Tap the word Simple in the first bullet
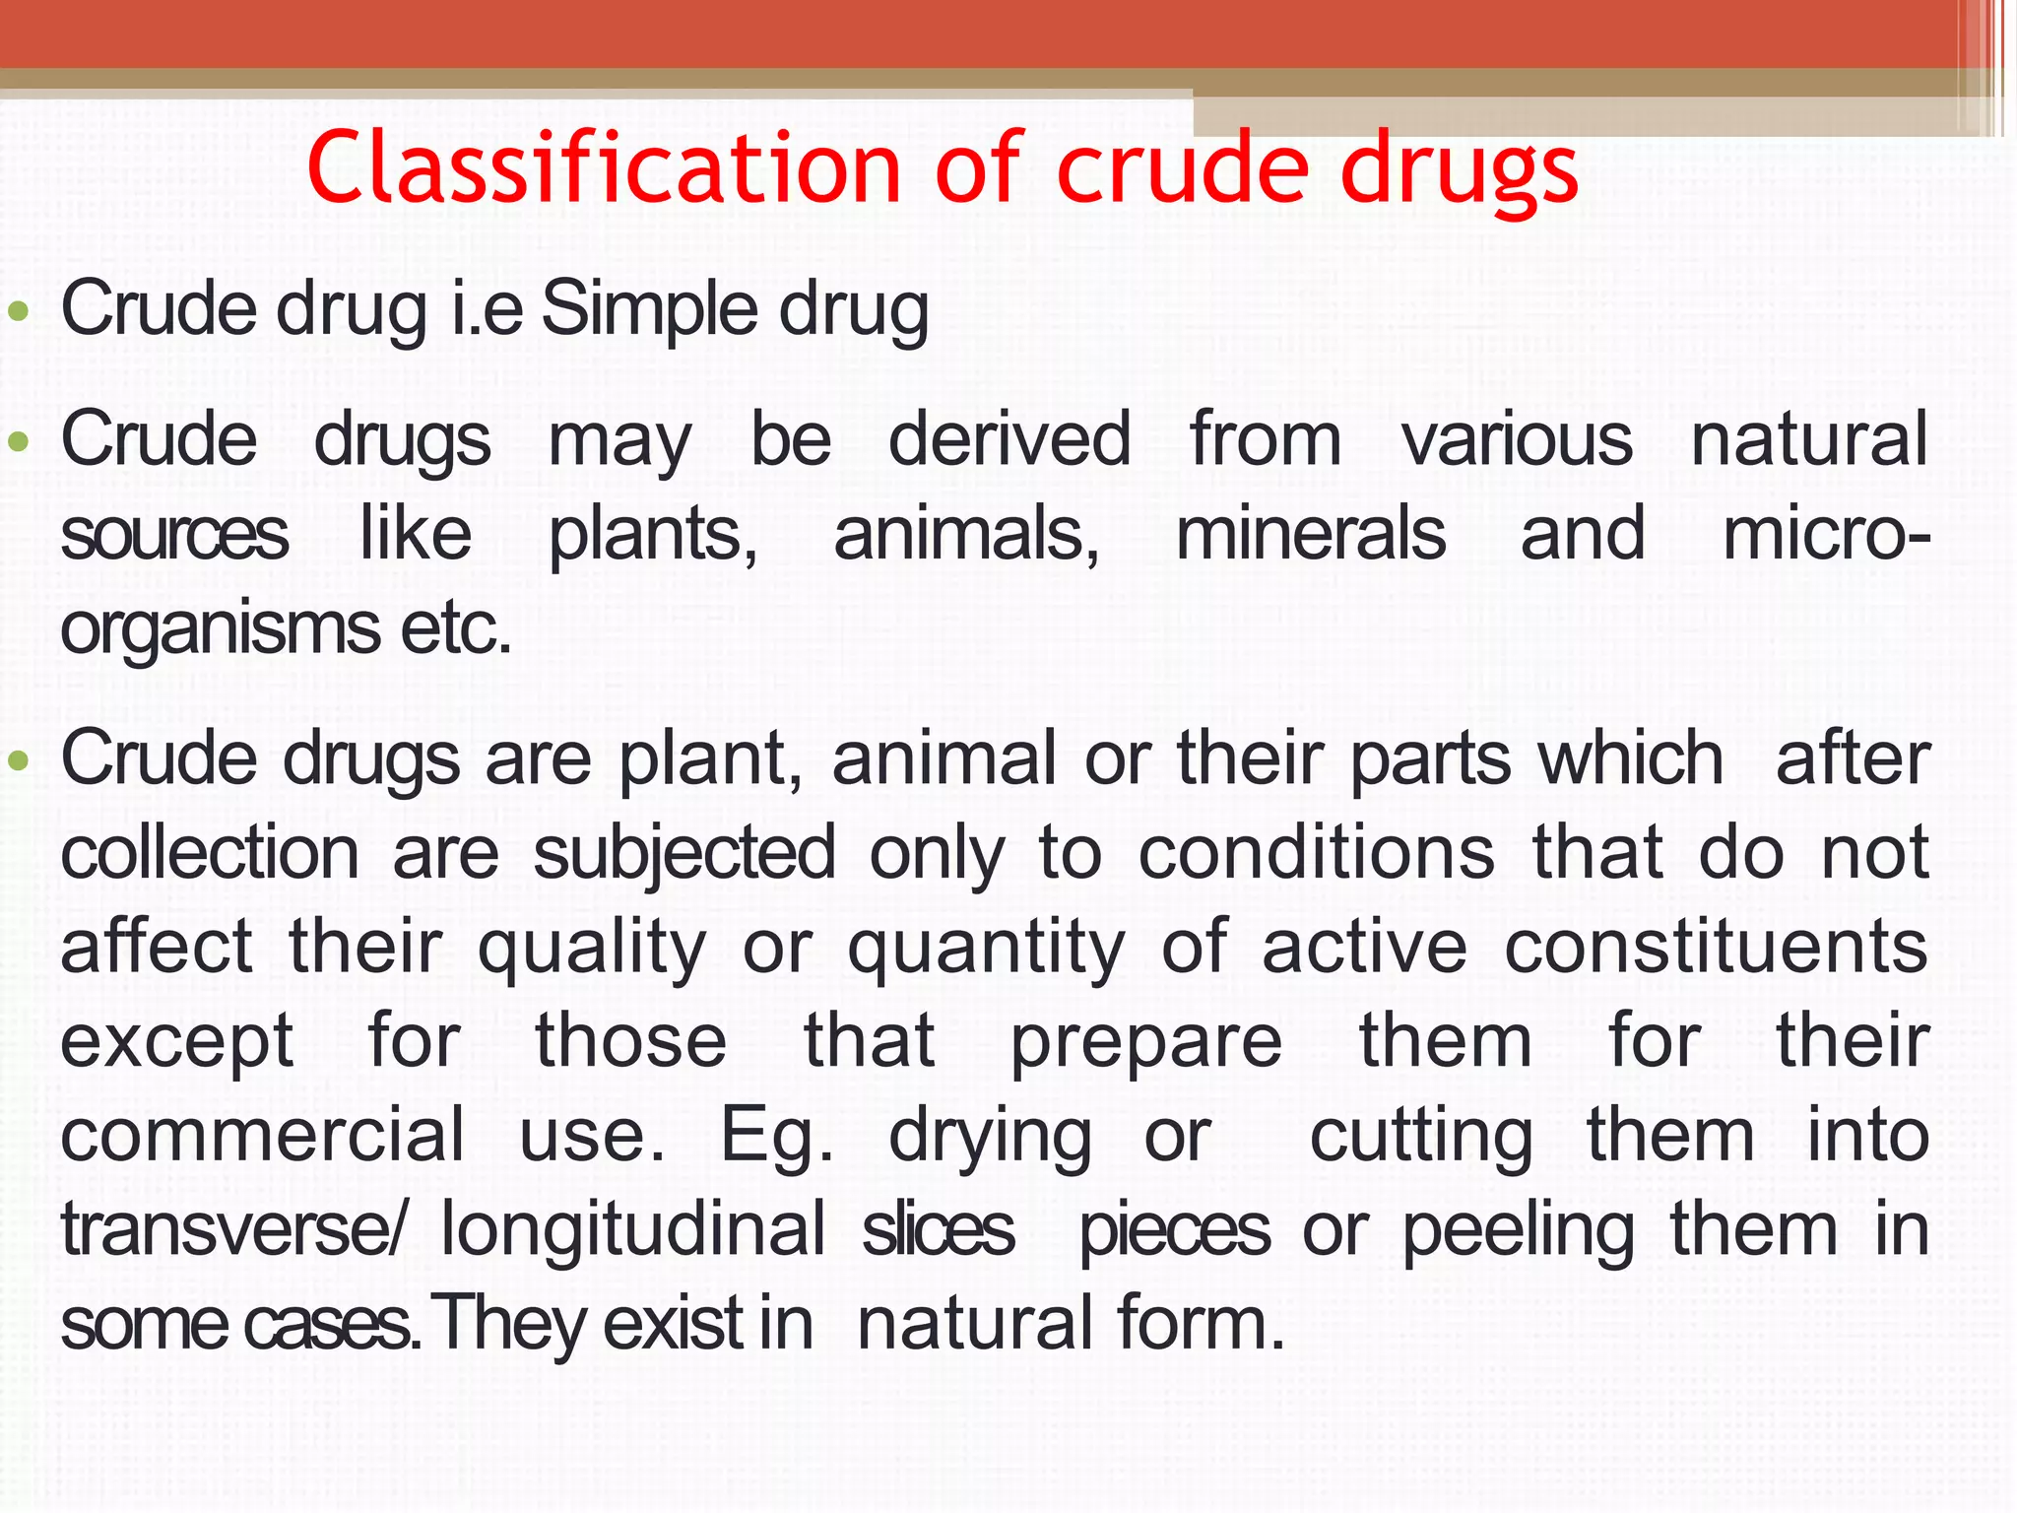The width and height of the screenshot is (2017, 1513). [650, 309]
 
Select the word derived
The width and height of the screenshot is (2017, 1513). [1009, 439]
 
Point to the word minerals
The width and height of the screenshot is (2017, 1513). [1311, 534]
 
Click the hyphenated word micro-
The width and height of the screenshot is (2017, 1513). [1826, 534]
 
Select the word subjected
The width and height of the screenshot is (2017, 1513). [684, 853]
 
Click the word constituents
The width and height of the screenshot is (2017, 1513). [1716, 948]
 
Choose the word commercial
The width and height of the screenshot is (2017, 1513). [263, 1135]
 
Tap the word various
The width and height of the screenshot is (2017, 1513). [1518, 439]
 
